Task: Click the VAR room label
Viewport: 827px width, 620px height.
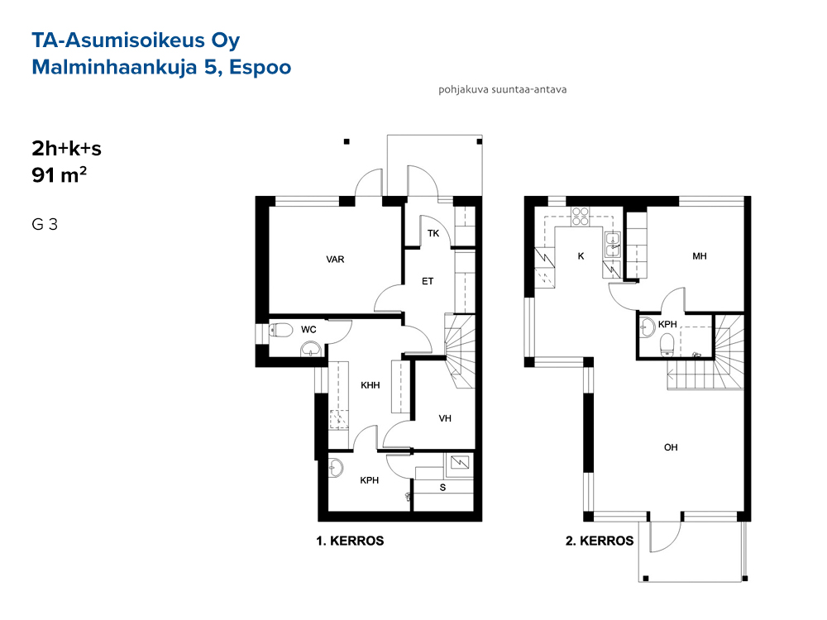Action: coord(335,260)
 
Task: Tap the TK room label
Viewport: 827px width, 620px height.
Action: coord(433,233)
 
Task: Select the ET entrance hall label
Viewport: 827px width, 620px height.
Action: coord(428,281)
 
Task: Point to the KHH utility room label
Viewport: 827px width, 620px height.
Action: coord(370,385)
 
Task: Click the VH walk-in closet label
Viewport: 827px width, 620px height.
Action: coord(445,418)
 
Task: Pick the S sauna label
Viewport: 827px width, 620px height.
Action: coord(442,488)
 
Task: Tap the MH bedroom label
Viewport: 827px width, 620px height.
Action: coord(700,256)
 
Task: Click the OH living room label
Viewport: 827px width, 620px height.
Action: coord(671,447)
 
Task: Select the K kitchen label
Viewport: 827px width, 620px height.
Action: coord(581,256)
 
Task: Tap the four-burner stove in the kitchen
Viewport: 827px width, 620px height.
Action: coord(581,217)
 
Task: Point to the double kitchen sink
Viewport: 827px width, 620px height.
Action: coord(612,244)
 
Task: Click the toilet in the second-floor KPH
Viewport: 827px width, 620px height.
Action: coord(667,344)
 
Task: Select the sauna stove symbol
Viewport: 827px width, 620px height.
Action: coord(460,463)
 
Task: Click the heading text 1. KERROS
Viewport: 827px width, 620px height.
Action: coord(350,541)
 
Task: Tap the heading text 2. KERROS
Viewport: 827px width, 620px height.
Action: coord(599,541)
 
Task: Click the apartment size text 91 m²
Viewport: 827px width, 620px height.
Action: coord(59,174)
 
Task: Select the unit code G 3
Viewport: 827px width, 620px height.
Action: coord(45,224)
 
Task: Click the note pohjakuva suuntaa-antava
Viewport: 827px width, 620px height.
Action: coord(502,89)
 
